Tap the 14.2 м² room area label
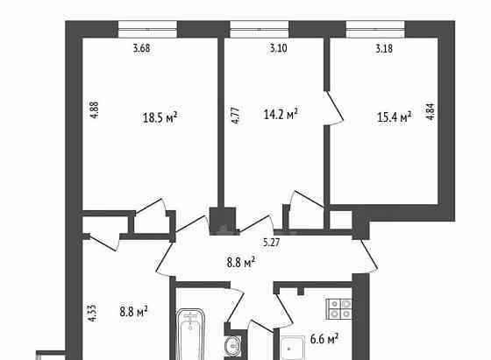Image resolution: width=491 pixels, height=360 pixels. pyautogui.click(x=281, y=113)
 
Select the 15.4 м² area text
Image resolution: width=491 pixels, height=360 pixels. pyautogui.click(x=394, y=117)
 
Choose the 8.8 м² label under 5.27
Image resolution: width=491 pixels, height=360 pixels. pyautogui.click(x=238, y=260)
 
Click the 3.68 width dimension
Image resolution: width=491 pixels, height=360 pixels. pyautogui.click(x=142, y=48)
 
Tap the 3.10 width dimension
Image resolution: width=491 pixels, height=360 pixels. pyautogui.click(x=277, y=48)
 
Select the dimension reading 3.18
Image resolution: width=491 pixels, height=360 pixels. pyautogui.click(x=383, y=48)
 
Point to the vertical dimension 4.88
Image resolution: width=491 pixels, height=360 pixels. pyautogui.click(x=92, y=116)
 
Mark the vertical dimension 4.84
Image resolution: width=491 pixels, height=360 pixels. pyautogui.click(x=430, y=116)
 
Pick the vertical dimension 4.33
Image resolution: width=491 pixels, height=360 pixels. pyautogui.click(x=92, y=314)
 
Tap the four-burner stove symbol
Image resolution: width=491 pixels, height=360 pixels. pyautogui.click(x=339, y=307)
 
